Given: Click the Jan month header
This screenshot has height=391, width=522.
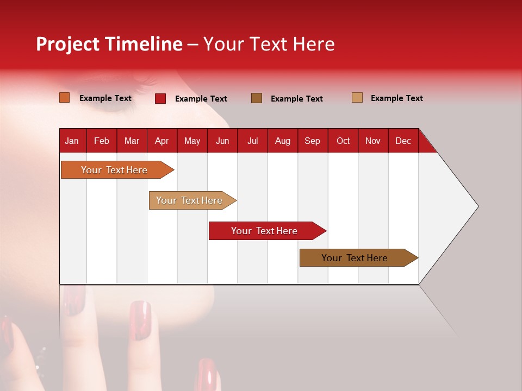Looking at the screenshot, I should click(72, 141).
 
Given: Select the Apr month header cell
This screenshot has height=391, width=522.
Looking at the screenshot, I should click(162, 141).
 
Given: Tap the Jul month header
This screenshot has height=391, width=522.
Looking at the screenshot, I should click(252, 141).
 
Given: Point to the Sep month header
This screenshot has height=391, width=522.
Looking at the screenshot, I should click(312, 141).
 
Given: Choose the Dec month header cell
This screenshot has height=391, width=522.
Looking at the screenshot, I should click(403, 141).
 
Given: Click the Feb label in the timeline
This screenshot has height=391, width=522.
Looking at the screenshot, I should click(102, 141).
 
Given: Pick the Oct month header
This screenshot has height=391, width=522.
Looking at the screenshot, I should click(343, 141).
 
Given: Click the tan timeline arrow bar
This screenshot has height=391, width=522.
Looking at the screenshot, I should click(190, 200).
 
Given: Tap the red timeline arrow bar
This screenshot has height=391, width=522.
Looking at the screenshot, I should click(265, 231).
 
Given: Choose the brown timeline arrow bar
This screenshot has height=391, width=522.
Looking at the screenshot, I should click(356, 258).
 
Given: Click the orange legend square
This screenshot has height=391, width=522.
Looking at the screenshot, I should click(65, 98).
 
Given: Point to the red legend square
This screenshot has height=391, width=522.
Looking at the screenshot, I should click(160, 98).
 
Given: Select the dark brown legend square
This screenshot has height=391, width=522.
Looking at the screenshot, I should click(257, 98).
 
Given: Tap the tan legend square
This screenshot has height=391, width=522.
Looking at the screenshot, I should click(357, 98).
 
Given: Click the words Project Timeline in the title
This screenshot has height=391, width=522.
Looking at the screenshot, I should click(109, 44).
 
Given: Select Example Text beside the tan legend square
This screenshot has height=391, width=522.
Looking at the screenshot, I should click(396, 98).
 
